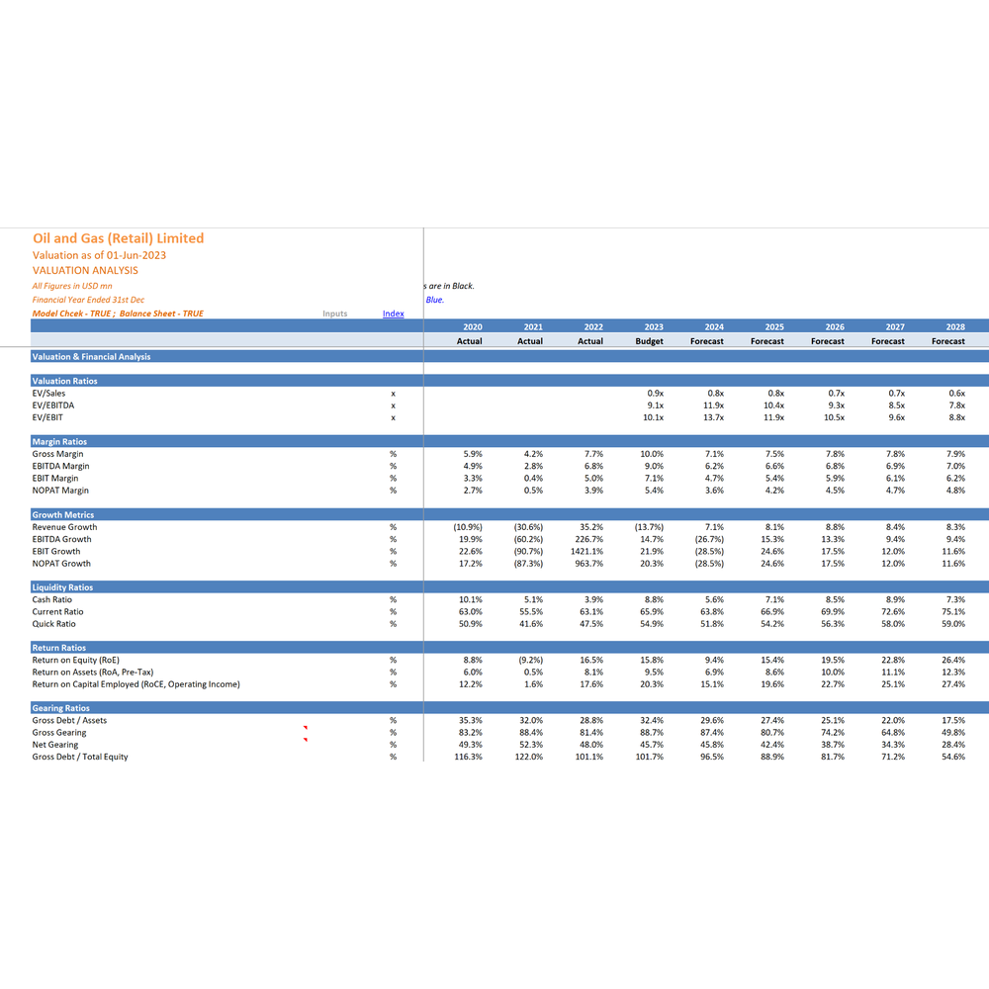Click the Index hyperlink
click(393, 314)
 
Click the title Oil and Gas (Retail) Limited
click(119, 238)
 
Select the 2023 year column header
click(654, 326)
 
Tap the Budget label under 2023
click(649, 341)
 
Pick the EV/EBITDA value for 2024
click(713, 405)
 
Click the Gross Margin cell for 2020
click(473, 454)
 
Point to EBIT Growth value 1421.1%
click(586, 551)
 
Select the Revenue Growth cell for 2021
click(528, 527)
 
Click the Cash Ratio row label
click(52, 600)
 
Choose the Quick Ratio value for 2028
click(953, 624)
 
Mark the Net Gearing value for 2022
click(591, 745)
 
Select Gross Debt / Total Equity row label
click(80, 757)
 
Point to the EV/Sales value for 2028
click(956, 394)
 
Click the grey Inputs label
click(335, 314)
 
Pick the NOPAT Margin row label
click(60, 491)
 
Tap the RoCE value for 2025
click(772, 684)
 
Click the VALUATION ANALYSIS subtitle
click(85, 271)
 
